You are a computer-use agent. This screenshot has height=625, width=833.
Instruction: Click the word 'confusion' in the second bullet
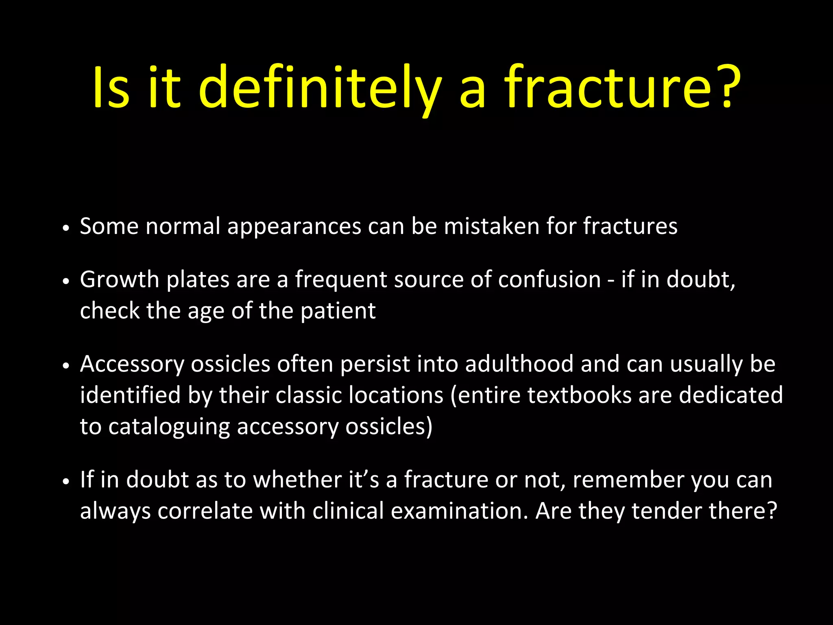coord(549,280)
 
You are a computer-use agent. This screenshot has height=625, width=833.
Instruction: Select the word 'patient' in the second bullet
coord(338,311)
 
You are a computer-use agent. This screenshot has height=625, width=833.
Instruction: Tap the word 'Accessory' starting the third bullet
coord(132,364)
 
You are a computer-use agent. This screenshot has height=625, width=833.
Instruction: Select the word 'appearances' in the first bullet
coord(294,227)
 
